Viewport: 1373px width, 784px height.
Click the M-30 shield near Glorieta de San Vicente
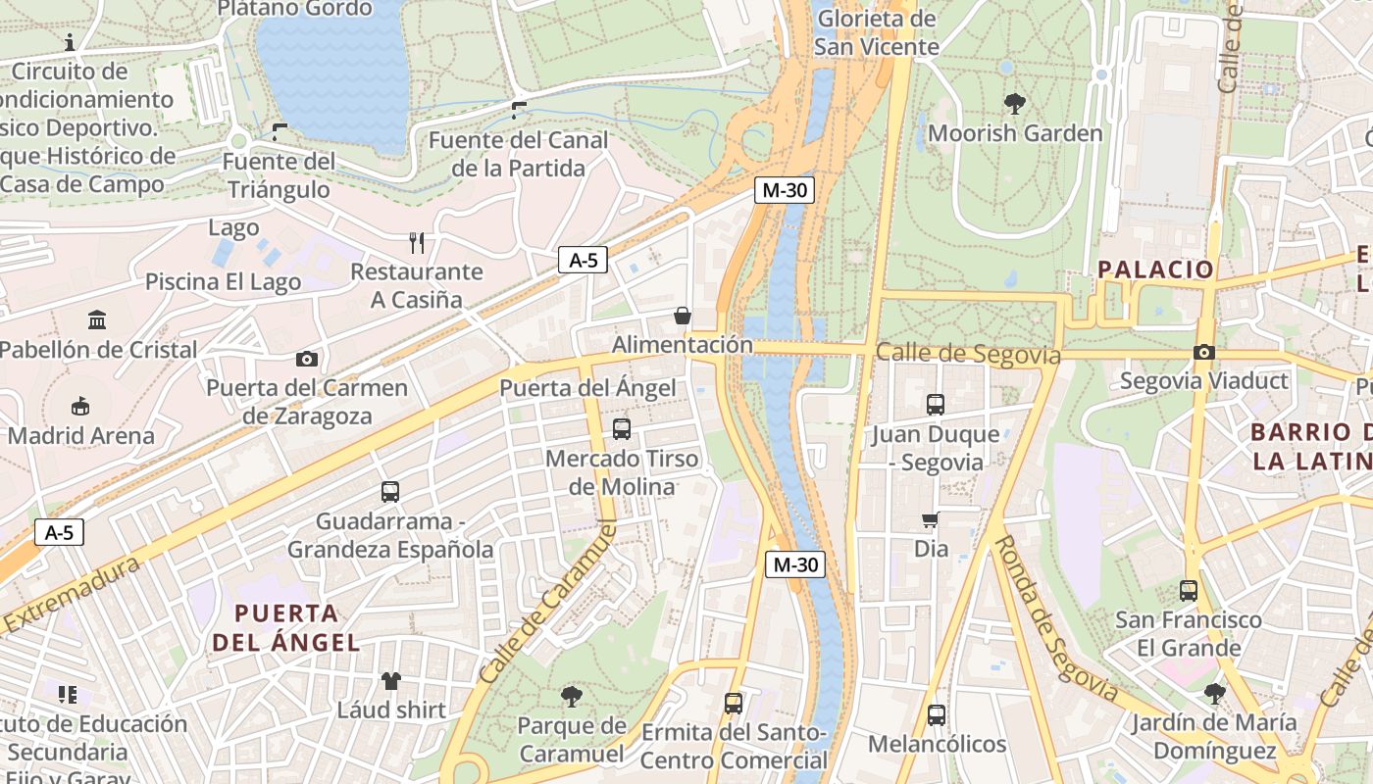pyautogui.click(x=785, y=190)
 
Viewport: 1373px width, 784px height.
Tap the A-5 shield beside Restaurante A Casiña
pyautogui.click(x=583, y=260)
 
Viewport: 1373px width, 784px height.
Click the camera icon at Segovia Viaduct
pyautogui.click(x=1204, y=353)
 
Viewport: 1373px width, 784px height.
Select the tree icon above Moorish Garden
pyautogui.click(x=1015, y=102)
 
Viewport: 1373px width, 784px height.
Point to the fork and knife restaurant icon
pyautogui.click(x=417, y=242)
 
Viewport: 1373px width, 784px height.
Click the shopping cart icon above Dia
pyautogui.click(x=931, y=519)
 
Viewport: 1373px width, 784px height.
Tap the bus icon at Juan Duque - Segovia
pyautogui.click(x=936, y=404)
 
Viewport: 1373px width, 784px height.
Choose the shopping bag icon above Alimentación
pyautogui.click(x=682, y=316)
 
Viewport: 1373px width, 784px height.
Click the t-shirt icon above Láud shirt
pyautogui.click(x=391, y=680)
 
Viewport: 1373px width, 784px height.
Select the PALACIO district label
pyautogui.click(x=1155, y=269)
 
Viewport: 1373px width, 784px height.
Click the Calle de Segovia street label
pyautogui.click(x=968, y=353)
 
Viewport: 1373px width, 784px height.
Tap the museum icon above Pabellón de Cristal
pyautogui.click(x=97, y=319)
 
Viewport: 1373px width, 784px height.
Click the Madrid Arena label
pyautogui.click(x=81, y=436)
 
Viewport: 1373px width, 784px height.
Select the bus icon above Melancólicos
pyautogui.click(x=937, y=715)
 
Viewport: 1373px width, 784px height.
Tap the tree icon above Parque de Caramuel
pyautogui.click(x=571, y=697)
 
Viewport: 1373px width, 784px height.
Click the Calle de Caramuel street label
pyautogui.click(x=549, y=602)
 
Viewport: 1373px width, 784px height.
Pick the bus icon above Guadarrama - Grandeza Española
pyautogui.click(x=390, y=492)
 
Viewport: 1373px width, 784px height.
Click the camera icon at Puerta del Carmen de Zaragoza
pyautogui.click(x=307, y=359)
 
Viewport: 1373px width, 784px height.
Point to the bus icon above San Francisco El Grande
pyautogui.click(x=1189, y=590)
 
